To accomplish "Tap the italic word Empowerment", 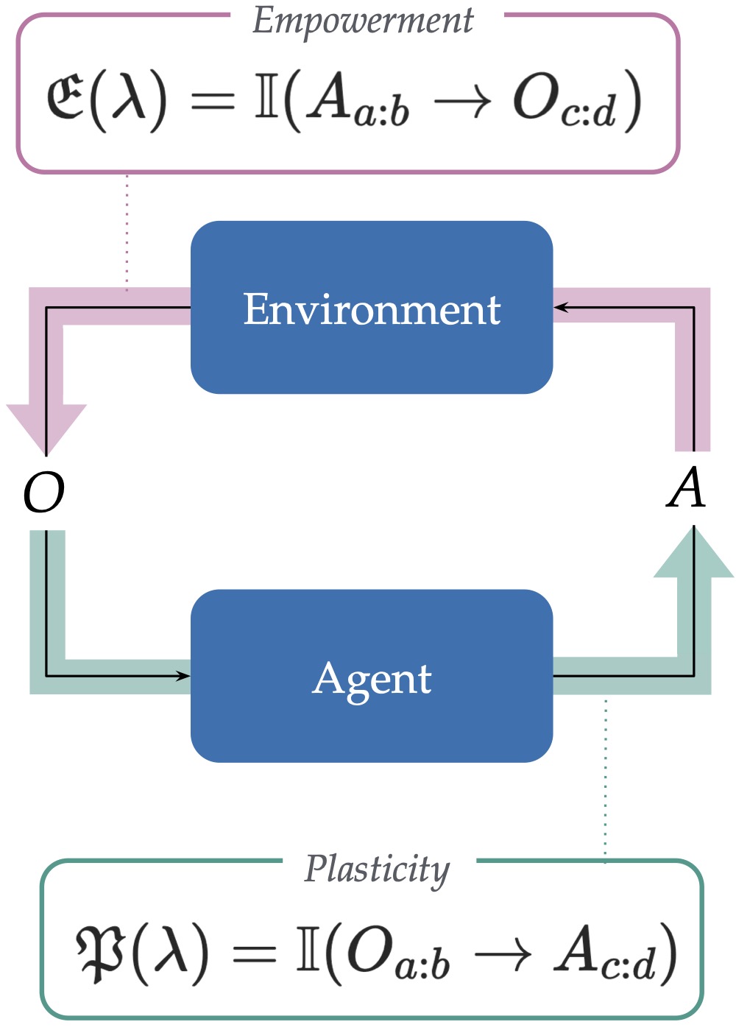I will click(x=363, y=21).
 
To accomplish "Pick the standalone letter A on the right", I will click(x=687, y=489).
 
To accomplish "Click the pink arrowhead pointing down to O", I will click(x=46, y=427).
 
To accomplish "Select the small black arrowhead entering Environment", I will click(x=561, y=307).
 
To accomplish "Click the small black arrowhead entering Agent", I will click(x=183, y=675).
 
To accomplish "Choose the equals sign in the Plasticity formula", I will click(x=255, y=955).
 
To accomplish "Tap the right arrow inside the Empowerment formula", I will click(x=462, y=103).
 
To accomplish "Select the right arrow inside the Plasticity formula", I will click(x=503, y=955).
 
